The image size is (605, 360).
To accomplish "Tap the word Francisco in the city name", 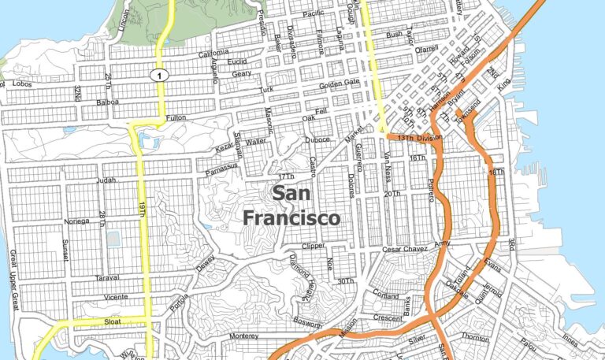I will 291,217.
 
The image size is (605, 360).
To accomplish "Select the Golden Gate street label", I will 339,84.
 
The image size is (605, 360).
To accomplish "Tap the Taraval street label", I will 107,277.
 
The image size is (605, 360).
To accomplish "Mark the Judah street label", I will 105,180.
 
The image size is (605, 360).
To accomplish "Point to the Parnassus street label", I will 218,166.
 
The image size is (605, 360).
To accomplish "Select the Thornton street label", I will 475,336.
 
